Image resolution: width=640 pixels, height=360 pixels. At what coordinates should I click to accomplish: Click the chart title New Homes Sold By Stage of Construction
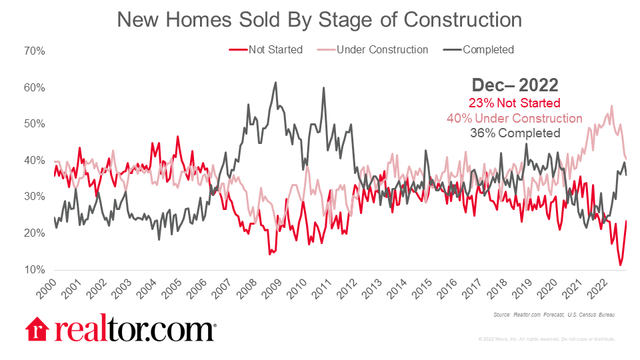pyautogui.click(x=319, y=20)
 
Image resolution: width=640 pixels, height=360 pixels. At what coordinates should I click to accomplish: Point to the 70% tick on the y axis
pyautogui.click(x=34, y=51)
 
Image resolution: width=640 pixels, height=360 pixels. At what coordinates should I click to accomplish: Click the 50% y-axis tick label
pyautogui.click(x=34, y=124)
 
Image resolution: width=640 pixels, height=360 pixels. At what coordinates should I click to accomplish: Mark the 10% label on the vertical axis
pyautogui.click(x=34, y=270)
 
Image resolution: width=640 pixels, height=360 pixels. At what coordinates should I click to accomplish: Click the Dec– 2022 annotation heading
pyautogui.click(x=515, y=85)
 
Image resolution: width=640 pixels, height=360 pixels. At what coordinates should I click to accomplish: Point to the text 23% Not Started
pyautogui.click(x=515, y=103)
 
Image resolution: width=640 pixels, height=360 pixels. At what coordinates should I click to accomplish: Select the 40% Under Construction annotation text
pyautogui.click(x=515, y=118)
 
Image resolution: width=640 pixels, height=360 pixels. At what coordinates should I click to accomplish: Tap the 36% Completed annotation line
pyautogui.click(x=515, y=133)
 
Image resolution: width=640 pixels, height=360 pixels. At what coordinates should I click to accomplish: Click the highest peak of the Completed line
pyautogui.click(x=275, y=83)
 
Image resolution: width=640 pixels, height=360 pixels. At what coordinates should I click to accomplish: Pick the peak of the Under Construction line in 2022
pyautogui.click(x=611, y=105)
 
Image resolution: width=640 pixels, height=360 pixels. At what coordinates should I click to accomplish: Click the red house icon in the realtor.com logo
pyautogui.click(x=37, y=329)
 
